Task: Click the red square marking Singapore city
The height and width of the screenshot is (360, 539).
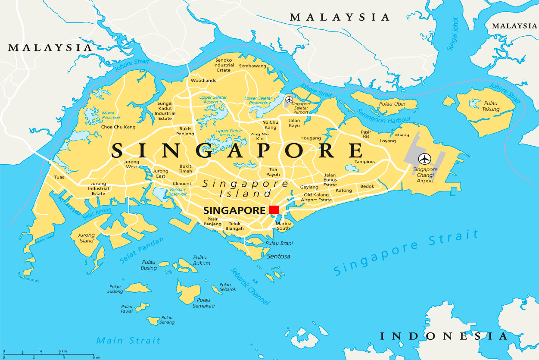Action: click(274, 210)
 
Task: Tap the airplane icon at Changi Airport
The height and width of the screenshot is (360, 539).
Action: click(425, 159)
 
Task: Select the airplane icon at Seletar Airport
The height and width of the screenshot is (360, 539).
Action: click(289, 100)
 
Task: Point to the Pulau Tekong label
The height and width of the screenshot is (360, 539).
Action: click(490, 106)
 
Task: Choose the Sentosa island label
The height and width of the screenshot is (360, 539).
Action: click(278, 256)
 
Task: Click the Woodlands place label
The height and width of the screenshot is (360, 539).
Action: click(203, 81)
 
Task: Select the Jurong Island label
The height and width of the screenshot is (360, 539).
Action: click(86, 238)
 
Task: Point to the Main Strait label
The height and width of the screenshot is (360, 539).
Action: click(128, 341)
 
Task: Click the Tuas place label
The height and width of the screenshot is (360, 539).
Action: click(59, 177)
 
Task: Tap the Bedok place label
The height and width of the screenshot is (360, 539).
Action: click(367, 186)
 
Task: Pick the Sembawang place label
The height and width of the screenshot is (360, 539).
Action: click(252, 66)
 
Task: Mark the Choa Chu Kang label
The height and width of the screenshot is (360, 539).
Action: click(118, 127)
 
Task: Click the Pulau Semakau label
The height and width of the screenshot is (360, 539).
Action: click(203, 303)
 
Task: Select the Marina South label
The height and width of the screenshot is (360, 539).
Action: click(284, 225)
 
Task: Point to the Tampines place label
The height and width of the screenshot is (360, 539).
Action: click(365, 162)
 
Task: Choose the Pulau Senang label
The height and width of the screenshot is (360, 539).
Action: click(167, 320)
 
